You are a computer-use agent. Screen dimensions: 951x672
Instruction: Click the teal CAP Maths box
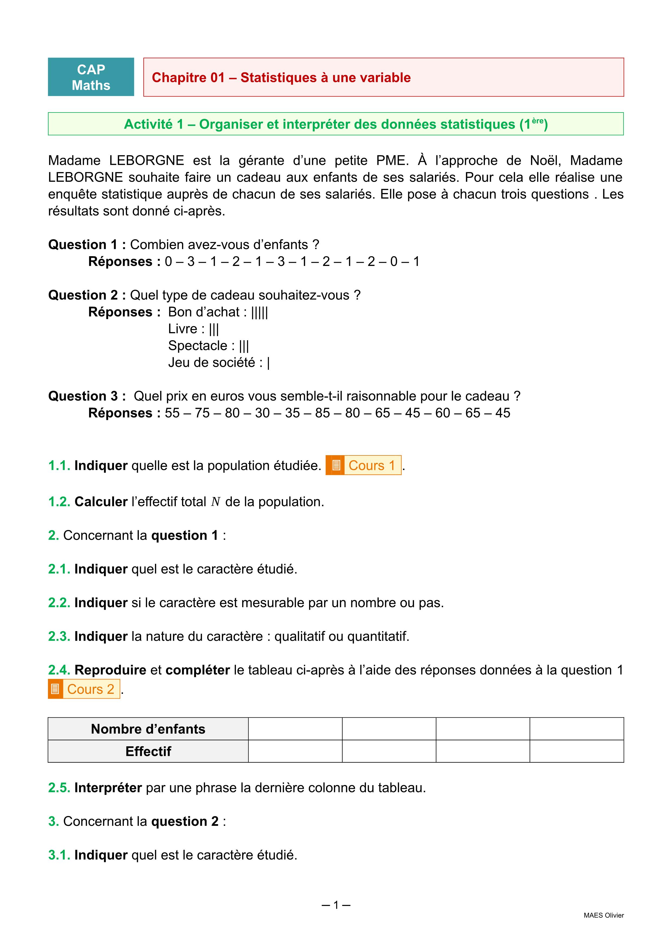pyautogui.click(x=91, y=77)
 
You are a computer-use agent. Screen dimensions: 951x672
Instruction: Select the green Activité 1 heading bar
pyautogui.click(x=336, y=124)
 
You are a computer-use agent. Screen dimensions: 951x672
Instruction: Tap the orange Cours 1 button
pyautogui.click(x=363, y=465)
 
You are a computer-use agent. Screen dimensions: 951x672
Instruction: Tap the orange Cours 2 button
pyautogui.click(x=84, y=689)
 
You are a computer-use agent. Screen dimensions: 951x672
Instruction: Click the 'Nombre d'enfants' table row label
pyautogui.click(x=148, y=729)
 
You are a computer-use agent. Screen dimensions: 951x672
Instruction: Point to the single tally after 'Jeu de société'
pyautogui.click(x=268, y=362)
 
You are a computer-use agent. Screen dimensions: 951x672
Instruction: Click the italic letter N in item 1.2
pyautogui.click(x=216, y=502)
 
